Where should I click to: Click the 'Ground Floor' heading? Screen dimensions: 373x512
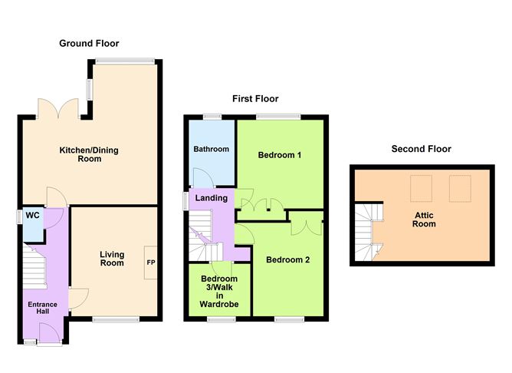click(89, 43)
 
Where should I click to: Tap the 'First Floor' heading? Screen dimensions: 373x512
click(255, 98)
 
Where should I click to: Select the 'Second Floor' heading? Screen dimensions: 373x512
click(421, 149)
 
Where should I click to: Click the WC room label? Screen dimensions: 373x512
click(32, 216)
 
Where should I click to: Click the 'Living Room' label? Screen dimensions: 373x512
click(111, 258)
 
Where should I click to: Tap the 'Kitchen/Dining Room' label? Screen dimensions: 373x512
click(90, 154)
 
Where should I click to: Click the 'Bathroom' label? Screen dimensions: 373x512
click(211, 149)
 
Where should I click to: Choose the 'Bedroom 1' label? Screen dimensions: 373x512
click(279, 155)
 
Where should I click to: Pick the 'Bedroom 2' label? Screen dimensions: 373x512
click(287, 259)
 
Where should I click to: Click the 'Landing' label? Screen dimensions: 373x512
click(211, 198)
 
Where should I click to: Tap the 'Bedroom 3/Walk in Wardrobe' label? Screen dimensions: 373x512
click(219, 291)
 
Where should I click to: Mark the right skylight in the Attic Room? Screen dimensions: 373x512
click(459, 186)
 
